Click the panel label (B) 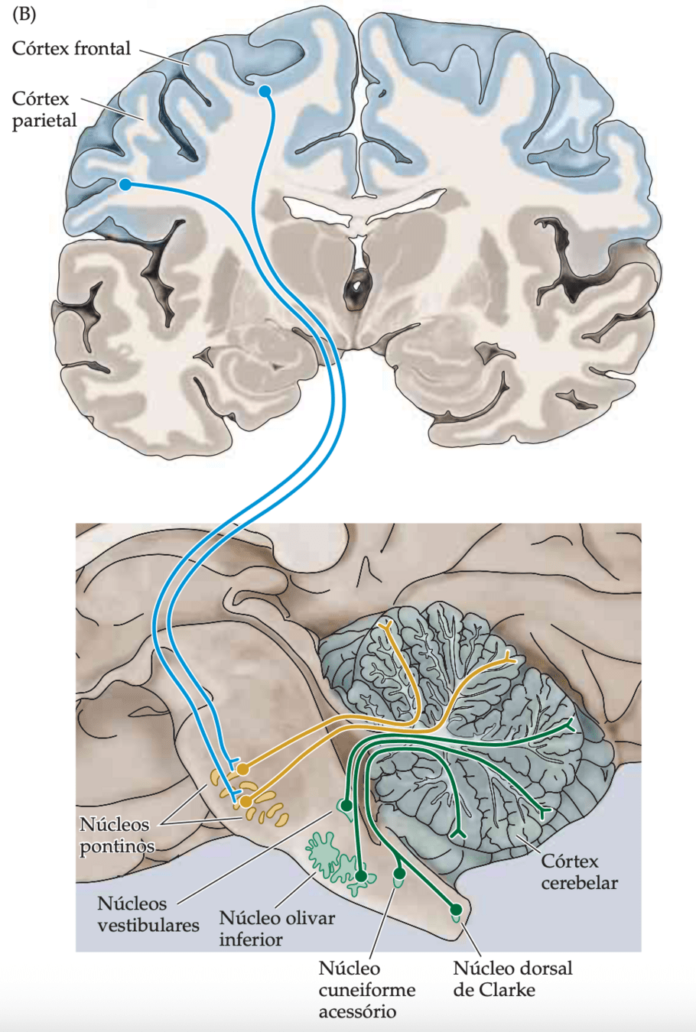click(x=24, y=15)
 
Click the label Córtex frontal click(x=71, y=49)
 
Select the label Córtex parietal click(x=44, y=109)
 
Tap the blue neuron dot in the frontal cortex click(x=265, y=92)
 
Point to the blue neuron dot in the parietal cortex click(x=125, y=184)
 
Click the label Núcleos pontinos click(x=115, y=835)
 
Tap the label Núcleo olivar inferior click(x=277, y=928)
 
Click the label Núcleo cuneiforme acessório click(x=367, y=990)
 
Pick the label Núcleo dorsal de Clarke click(x=512, y=979)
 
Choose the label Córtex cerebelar click(x=579, y=871)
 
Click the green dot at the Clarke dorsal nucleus click(x=456, y=910)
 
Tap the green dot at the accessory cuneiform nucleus click(x=398, y=874)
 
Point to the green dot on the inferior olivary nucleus click(x=361, y=876)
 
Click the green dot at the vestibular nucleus click(x=346, y=806)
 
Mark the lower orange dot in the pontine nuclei click(x=246, y=801)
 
